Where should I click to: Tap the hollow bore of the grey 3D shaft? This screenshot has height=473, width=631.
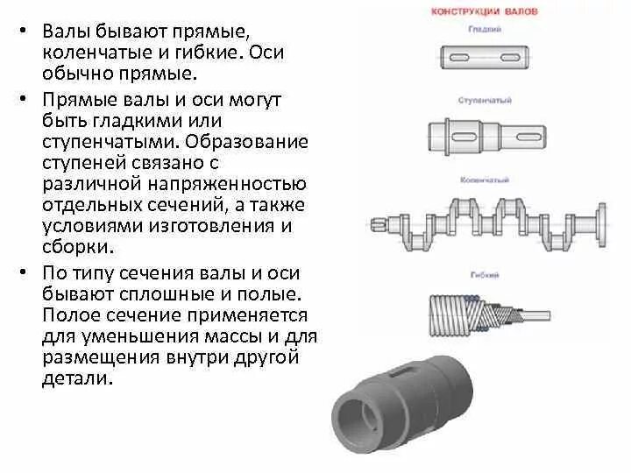355,417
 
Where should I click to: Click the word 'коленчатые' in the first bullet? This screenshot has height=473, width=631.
83,53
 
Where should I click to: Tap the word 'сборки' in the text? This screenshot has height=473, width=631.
70,247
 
